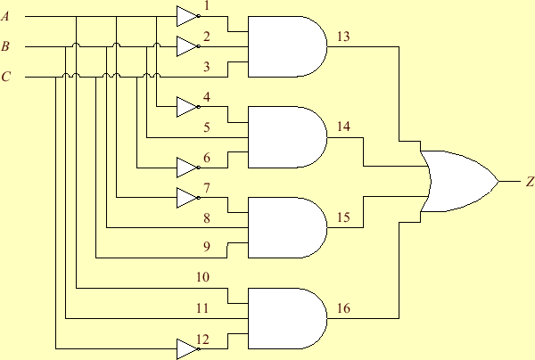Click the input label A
6,16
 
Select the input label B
6,46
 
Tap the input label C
6,78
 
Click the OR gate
459,181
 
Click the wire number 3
207,67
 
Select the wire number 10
203,278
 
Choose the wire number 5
207,127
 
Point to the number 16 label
343,309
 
